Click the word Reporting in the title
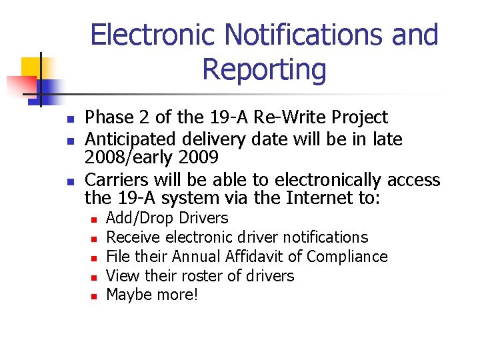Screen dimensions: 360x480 (x=264, y=70)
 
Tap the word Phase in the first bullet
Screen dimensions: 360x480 (x=109, y=117)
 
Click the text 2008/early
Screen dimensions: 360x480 (x=133, y=157)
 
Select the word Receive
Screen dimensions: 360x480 (x=133, y=237)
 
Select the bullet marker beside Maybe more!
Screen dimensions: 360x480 (x=95, y=296)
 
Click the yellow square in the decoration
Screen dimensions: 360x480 (x=32, y=67)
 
